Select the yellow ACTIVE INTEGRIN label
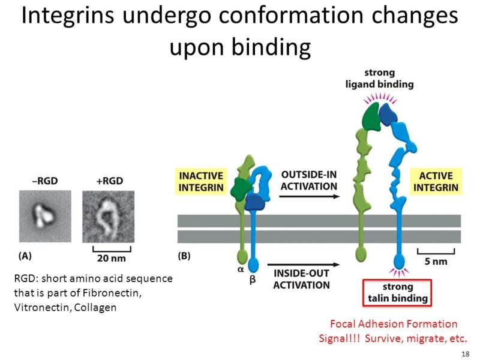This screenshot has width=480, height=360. pos(436,181)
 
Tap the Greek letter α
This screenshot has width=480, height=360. pos(241,269)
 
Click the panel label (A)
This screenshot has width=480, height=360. pos(25,256)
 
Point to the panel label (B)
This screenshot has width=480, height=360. pos(185,256)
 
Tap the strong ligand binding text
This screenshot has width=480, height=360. pos(379,78)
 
